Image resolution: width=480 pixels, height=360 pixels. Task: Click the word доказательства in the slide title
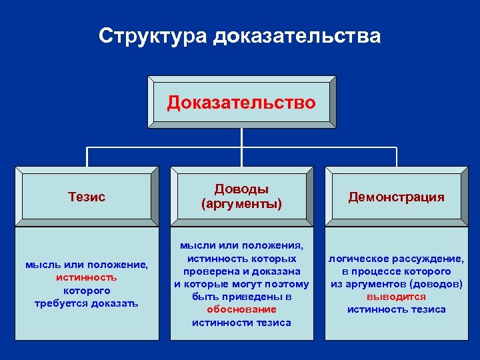point(297,35)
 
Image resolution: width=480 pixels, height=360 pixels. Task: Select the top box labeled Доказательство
point(241,103)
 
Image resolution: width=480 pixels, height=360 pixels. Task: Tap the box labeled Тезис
point(87,197)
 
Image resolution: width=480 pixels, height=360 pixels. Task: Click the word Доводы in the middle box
point(241,189)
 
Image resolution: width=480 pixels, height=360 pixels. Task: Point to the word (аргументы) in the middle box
point(241,203)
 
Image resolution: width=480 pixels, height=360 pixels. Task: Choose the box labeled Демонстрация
point(396,197)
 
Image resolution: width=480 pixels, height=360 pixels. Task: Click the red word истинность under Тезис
point(87,278)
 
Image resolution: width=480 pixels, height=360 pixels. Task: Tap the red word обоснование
point(241,309)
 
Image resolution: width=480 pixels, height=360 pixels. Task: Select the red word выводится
point(397,297)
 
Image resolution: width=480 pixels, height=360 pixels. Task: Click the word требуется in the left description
point(61,303)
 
